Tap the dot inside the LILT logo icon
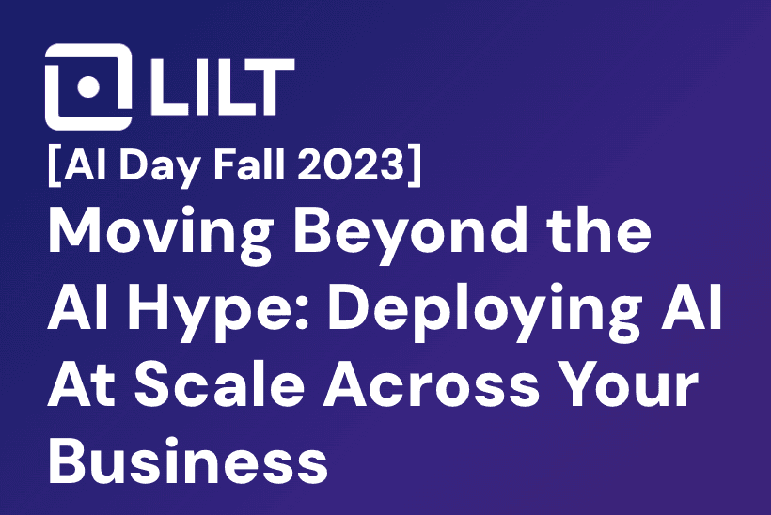[x=89, y=86]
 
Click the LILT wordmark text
[x=222, y=87]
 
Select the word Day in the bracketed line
[x=159, y=166]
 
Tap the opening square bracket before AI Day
[x=55, y=165]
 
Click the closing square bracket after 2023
[x=415, y=165]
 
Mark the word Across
[x=432, y=383]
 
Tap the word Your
[x=629, y=383]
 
